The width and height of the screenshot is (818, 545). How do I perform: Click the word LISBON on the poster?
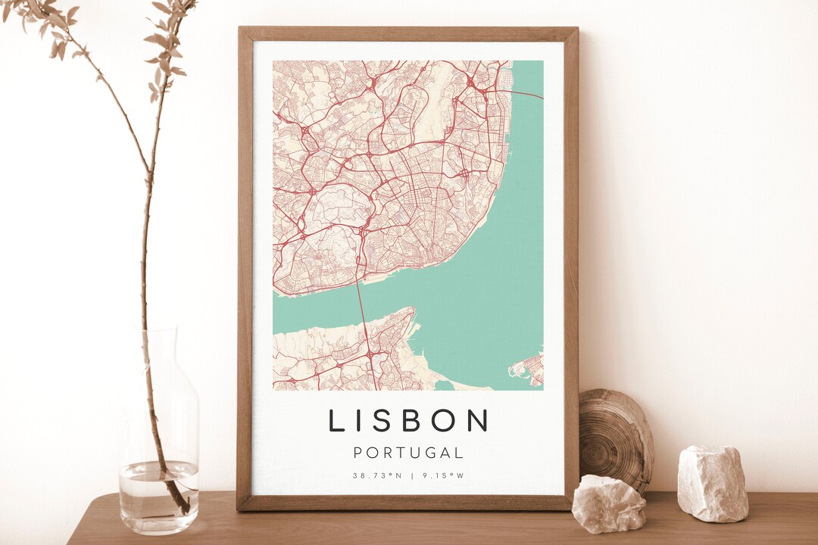point(409,420)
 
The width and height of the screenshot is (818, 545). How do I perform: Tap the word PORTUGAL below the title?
point(409,453)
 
